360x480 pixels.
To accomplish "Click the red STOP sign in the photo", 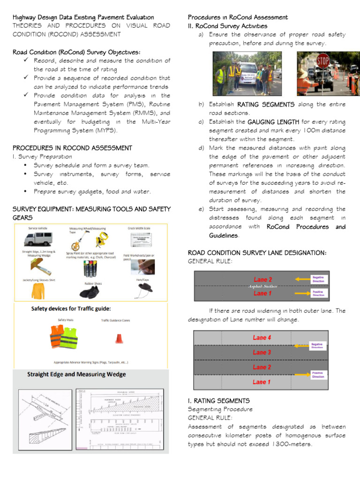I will click(322, 61).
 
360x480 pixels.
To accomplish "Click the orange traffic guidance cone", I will click(119, 338).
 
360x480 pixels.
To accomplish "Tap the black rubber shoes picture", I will click(89, 293).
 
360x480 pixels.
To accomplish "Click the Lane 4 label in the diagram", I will click(262, 337).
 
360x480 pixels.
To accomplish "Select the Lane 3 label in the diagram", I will click(262, 352).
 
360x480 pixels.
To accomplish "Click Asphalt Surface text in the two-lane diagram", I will click(262, 286).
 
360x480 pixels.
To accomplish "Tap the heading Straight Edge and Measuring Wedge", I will click(76, 375).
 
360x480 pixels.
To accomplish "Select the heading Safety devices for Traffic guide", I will click(71, 309).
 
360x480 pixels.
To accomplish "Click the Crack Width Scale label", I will click(139, 228).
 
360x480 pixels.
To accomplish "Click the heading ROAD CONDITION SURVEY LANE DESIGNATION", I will click(257, 253).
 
